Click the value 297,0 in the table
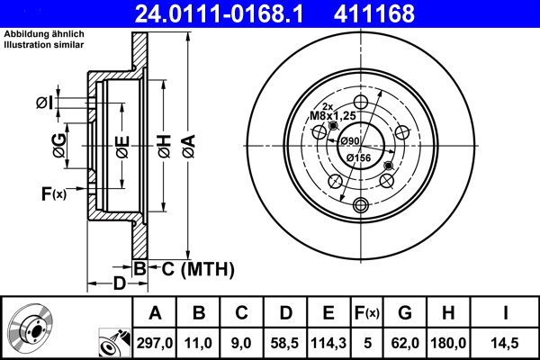click(x=155, y=343)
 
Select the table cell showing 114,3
click(x=328, y=343)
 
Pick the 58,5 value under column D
click(x=285, y=343)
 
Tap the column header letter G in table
click(x=405, y=313)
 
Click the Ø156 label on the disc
click(x=359, y=158)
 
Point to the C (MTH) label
click(x=192, y=268)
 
